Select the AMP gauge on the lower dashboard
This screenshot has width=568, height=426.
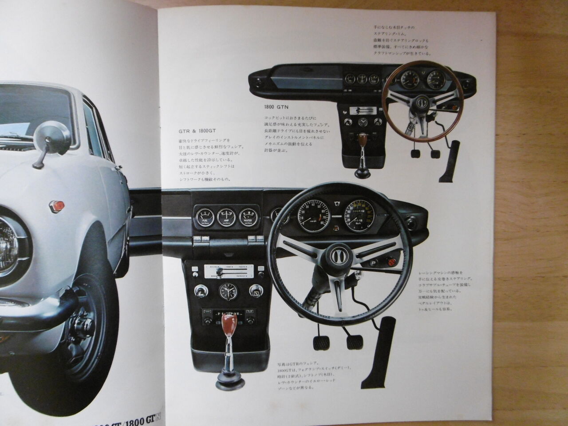[x=227, y=217]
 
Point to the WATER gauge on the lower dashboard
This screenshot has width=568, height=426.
[x=249, y=217]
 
